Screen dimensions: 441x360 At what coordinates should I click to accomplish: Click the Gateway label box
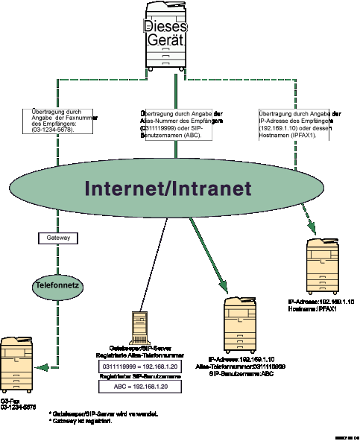pyautogui.click(x=58, y=238)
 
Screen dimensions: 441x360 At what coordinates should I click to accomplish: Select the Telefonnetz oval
pyautogui.click(x=57, y=285)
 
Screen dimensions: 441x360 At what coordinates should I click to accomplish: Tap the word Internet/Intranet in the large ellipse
pyautogui.click(x=168, y=188)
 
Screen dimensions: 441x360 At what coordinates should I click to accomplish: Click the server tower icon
pyautogui.click(x=139, y=328)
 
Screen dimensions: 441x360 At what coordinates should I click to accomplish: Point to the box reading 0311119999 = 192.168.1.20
pyautogui.click(x=140, y=367)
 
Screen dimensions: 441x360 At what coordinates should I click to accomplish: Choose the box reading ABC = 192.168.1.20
pyautogui.click(x=140, y=387)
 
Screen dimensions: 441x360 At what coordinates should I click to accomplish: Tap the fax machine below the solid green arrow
pyautogui.click(x=240, y=324)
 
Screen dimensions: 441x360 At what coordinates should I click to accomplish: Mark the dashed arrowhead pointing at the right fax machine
pyautogui.click(x=312, y=226)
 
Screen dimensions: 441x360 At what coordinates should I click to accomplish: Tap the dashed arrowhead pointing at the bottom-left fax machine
pyautogui.click(x=41, y=367)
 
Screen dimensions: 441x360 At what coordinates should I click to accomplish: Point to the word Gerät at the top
pyautogui.click(x=165, y=41)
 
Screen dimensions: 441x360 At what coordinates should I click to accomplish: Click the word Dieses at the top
pyautogui.click(x=165, y=27)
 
